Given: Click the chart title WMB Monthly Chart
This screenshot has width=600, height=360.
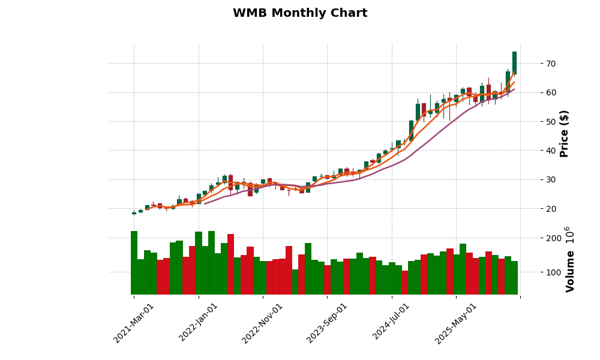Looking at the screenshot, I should [300, 13].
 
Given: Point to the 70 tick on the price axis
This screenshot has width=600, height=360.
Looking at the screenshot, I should [551, 64].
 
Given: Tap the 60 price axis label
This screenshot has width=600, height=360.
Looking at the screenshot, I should [551, 92].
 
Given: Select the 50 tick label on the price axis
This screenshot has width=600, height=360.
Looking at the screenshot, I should [551, 122].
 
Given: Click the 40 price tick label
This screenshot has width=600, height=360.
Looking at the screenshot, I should [551, 151].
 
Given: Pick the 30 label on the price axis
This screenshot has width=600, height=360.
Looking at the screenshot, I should [551, 180].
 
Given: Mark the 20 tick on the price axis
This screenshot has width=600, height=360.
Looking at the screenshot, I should [551, 209].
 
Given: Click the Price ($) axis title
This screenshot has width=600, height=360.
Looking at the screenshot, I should [564, 133].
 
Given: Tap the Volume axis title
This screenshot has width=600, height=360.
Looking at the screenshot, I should [571, 271].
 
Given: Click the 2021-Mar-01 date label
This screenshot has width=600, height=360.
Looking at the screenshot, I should [134, 323].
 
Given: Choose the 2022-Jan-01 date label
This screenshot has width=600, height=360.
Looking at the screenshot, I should [199, 323].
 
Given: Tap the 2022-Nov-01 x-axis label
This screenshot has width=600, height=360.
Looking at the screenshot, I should [262, 323].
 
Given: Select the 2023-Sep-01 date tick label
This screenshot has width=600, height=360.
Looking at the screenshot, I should [327, 323].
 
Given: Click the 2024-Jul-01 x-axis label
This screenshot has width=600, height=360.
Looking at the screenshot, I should [392, 323].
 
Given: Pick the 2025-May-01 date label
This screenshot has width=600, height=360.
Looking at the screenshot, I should [456, 323].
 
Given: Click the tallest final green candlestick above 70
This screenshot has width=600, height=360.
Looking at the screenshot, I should [514, 62].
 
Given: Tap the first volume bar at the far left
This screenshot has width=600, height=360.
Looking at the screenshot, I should [134, 262].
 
